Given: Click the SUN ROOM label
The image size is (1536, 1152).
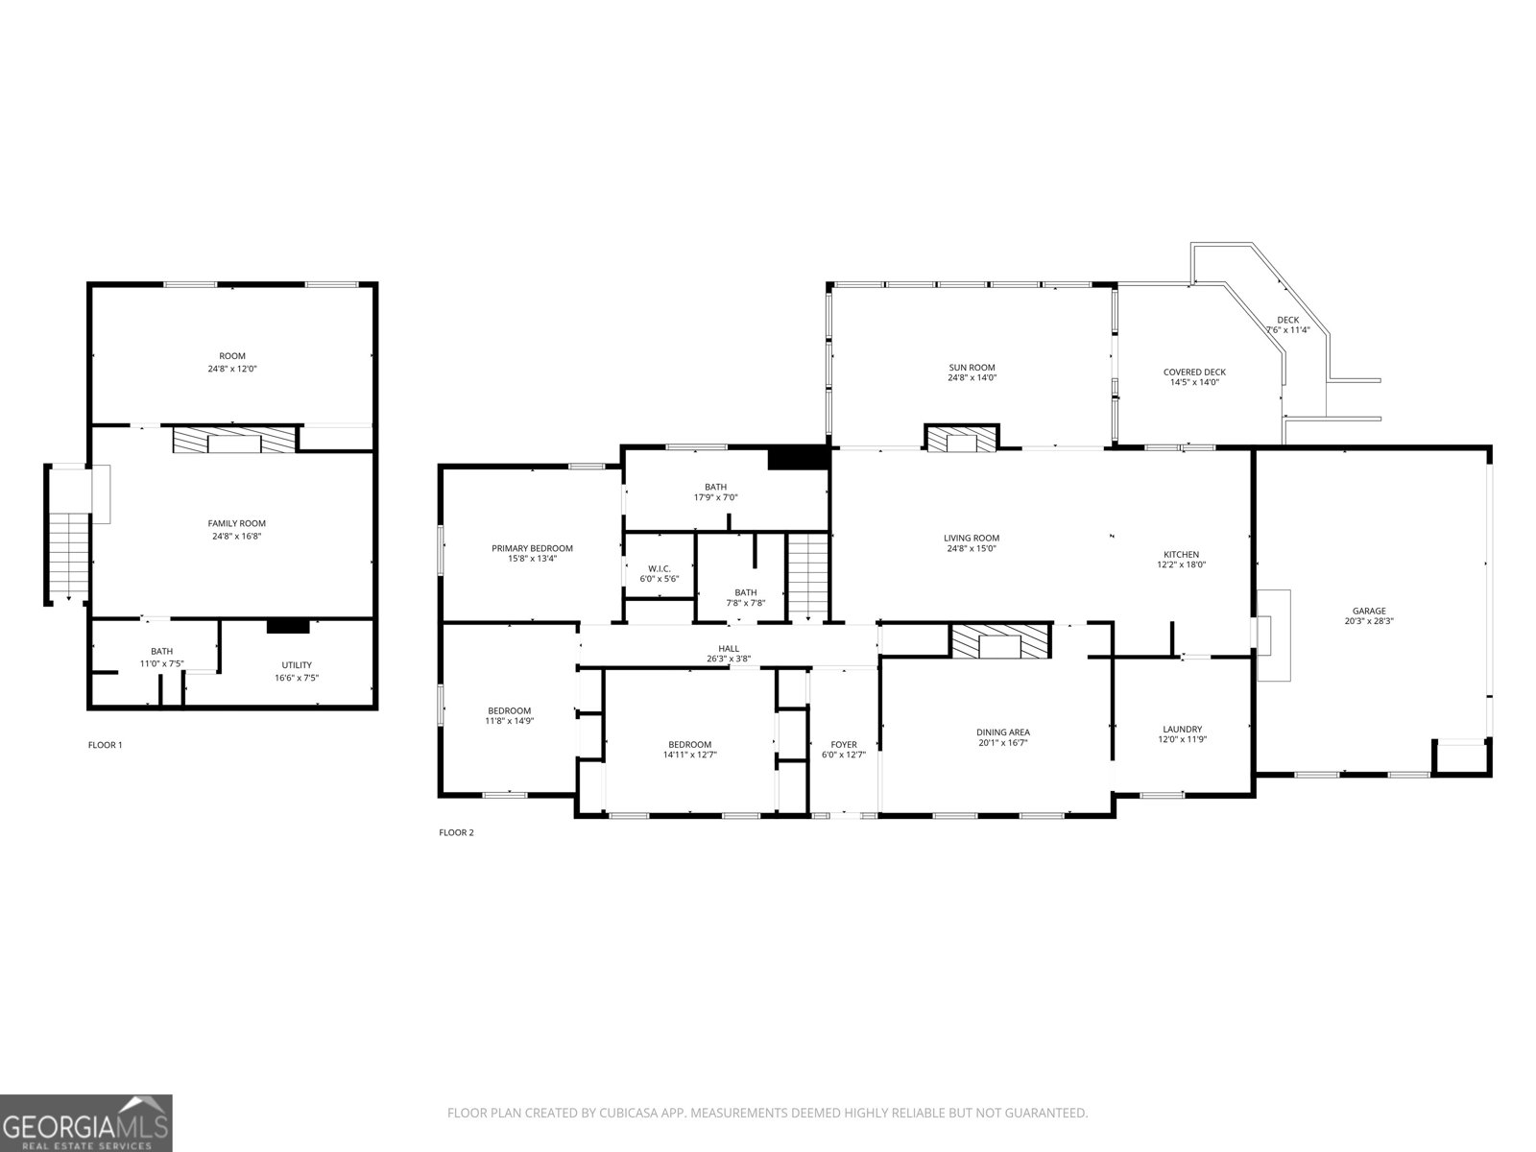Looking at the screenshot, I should coord(972,367).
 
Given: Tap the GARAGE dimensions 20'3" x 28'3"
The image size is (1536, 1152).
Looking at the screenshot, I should coord(1369,621).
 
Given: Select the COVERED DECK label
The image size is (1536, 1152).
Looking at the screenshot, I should coord(1194,372).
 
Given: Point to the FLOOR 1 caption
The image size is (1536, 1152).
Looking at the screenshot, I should coord(105,745).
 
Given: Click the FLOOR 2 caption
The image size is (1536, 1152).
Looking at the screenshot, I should coord(456,832).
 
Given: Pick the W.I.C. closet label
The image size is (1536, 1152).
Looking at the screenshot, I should coord(659,568).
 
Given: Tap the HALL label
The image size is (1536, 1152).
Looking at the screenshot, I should coord(729,648).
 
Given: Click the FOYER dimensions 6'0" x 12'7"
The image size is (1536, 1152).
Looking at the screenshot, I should coord(844,755).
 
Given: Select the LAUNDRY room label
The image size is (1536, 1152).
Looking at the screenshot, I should coord(1182,730).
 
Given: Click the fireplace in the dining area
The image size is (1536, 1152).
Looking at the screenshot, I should coord(1000,642).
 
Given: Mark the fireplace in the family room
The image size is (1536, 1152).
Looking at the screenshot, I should coord(234,441).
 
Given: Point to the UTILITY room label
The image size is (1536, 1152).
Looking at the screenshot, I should coord(297,665).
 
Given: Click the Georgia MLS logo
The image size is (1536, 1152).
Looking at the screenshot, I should coord(86,1121).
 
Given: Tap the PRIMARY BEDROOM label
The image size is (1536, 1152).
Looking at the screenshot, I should coord(532,548).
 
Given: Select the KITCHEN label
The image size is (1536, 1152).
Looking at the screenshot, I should coord(1181,554).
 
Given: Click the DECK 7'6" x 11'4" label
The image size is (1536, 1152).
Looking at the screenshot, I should coord(1287,324).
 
